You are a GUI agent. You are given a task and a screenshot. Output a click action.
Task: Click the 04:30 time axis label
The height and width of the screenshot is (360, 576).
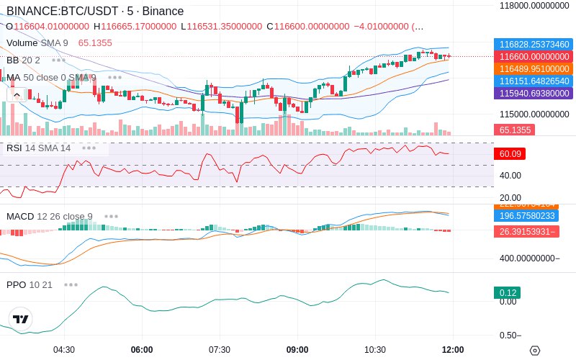coord(64,349)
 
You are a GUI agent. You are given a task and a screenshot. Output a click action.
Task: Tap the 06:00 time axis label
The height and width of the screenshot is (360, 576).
coord(142,349)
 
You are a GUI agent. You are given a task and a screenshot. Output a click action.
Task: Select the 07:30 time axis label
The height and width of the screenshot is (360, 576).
coord(220,349)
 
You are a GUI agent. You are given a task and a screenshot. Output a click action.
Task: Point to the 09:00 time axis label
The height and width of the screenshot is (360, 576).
coord(297,349)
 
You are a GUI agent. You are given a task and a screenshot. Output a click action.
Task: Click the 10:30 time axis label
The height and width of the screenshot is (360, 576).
coord(375,349)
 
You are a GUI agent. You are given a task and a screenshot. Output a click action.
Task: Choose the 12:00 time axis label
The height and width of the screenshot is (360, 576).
coord(452,349)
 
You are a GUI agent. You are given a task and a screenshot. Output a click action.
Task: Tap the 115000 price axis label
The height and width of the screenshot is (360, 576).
coord(534,114)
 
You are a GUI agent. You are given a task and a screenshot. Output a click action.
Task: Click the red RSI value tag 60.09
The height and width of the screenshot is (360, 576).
coord(509,153)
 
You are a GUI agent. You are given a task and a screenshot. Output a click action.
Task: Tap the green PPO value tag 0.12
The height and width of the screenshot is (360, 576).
coord(508,293)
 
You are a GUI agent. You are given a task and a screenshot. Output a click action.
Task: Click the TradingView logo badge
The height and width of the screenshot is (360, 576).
coord(21,319)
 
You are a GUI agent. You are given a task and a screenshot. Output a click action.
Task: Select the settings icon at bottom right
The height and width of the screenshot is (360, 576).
coord(534,350)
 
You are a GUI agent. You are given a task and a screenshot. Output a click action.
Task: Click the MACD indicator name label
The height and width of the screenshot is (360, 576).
coord(20,216)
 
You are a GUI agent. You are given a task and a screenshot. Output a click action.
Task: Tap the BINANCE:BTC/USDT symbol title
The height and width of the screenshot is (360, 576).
coord(58,12)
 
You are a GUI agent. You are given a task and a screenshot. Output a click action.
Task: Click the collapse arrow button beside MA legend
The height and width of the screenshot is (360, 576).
coord(16,94)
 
